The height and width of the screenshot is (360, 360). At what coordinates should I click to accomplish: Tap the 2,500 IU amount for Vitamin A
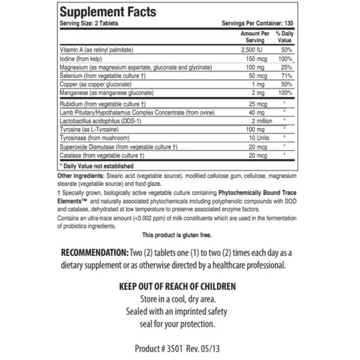pyautogui.click(x=252, y=50)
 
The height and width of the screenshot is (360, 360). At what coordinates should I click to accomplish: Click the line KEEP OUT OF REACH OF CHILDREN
pyautogui.click(x=178, y=287)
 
